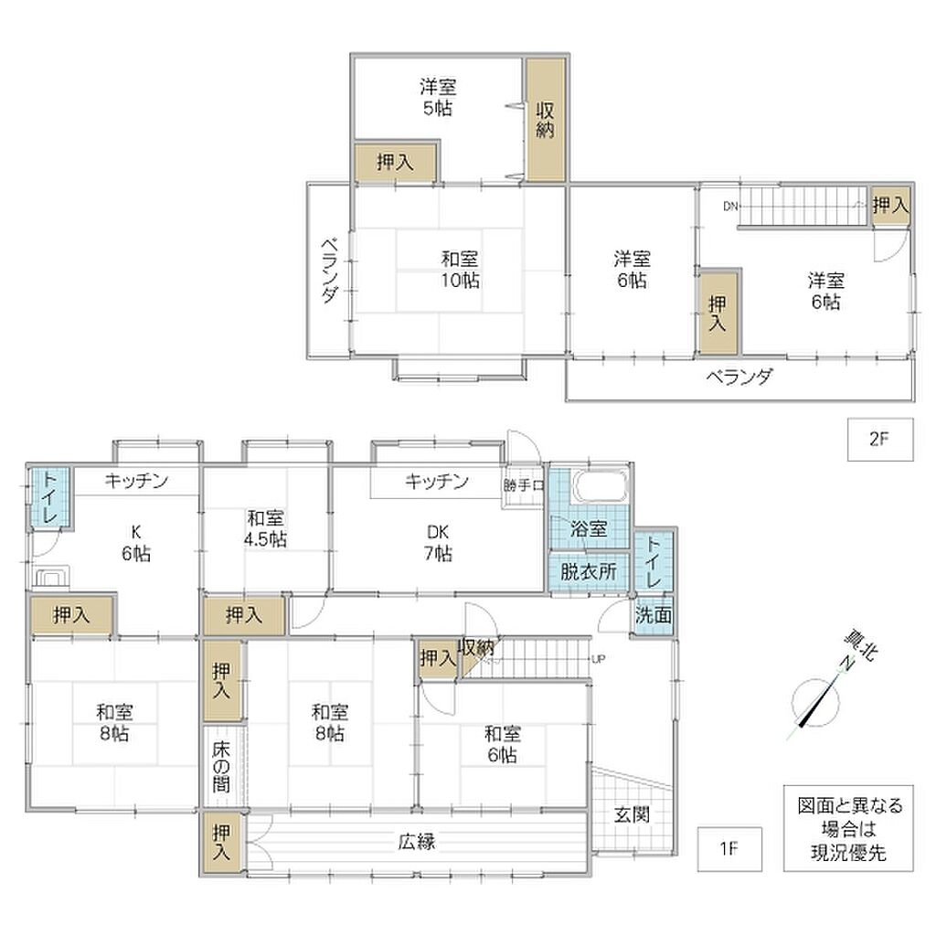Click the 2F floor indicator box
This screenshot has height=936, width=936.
[880, 440]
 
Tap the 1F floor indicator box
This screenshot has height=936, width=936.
[729, 848]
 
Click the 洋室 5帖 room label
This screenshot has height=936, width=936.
[438, 97]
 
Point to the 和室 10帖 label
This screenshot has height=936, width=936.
[460, 270]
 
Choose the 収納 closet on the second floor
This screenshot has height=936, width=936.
[546, 120]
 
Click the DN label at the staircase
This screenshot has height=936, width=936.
[730, 207]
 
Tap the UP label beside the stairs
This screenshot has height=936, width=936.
[598, 659]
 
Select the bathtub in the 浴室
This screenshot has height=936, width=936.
[601, 486]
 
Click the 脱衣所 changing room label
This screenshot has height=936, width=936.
[589, 572]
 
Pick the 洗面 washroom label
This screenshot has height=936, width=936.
[653, 615]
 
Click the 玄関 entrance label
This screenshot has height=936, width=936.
[632, 814]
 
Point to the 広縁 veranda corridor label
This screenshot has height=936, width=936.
[417, 842]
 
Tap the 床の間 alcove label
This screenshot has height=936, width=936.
[221, 767]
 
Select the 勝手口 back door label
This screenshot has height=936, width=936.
[524, 485]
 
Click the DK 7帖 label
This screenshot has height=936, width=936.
[438, 543]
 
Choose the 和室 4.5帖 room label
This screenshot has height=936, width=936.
[266, 528]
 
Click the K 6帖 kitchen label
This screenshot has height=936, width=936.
[136, 543]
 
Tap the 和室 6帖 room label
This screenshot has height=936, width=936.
[502, 744]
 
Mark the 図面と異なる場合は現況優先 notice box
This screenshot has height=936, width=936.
[848, 828]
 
